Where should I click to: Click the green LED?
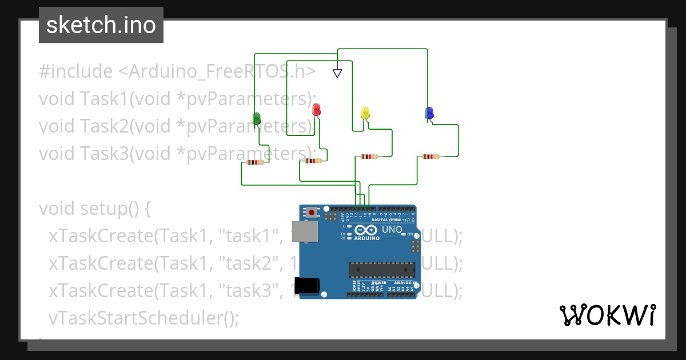(257, 119)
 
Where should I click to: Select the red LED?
(316, 110)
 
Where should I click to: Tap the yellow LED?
(366, 113)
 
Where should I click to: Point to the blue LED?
(429, 113)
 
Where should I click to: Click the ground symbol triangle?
(337, 73)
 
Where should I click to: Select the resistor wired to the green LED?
(254, 162)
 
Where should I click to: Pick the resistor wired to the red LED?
(313, 161)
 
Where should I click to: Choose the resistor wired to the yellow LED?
(369, 156)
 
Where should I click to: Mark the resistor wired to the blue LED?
(430, 156)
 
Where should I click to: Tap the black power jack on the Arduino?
(308, 285)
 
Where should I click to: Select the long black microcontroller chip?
(382, 270)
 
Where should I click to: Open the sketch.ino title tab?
(101, 25)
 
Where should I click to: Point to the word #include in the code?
(76, 71)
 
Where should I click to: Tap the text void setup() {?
(95, 209)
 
